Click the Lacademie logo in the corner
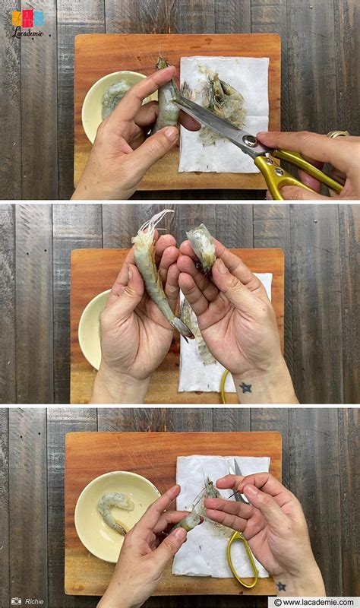[x=27, y=23]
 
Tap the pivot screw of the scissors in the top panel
[x=249, y=141]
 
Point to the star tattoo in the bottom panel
[x=281, y=586]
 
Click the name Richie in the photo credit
[x=34, y=601]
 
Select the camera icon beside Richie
[x=16, y=601]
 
